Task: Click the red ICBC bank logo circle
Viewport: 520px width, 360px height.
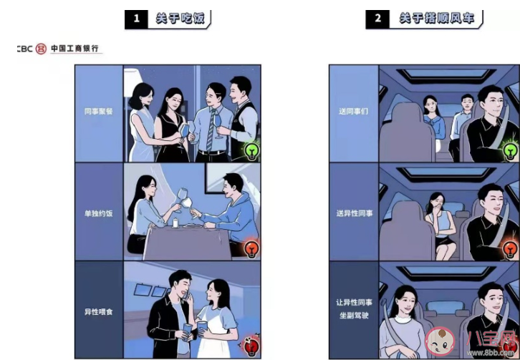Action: point(41,49)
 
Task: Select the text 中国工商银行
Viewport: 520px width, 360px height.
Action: point(76,49)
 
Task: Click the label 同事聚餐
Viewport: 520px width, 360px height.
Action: point(99,112)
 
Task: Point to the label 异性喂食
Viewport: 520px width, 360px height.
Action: point(99,311)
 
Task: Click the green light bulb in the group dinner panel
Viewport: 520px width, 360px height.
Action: point(251,151)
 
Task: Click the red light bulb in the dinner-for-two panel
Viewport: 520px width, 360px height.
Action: point(251,248)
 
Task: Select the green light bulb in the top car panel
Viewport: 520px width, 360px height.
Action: point(509,150)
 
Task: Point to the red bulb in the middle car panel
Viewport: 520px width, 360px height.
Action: point(509,248)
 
